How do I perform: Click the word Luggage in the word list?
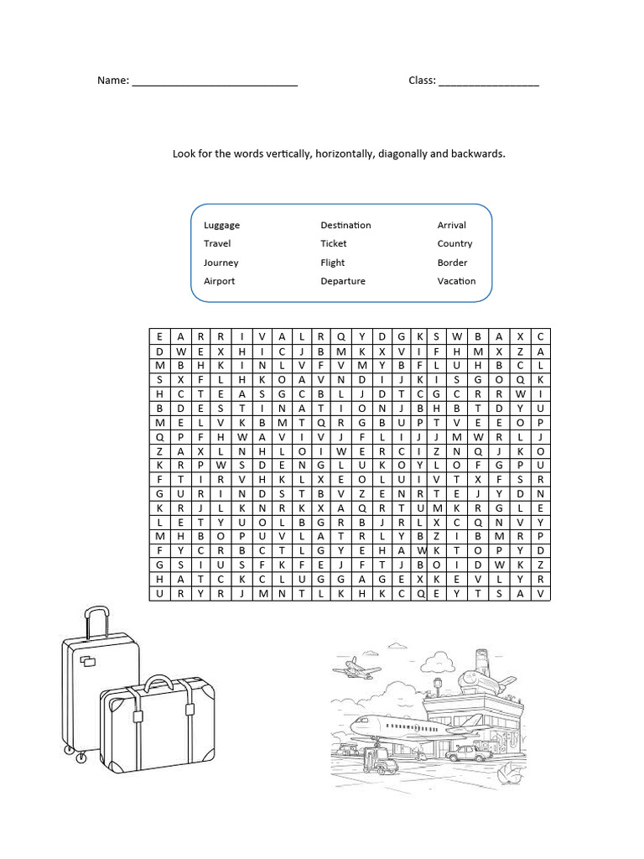click(221, 226)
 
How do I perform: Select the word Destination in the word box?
click(345, 226)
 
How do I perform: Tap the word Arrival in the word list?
click(451, 226)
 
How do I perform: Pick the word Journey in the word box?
click(221, 263)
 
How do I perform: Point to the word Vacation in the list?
click(456, 281)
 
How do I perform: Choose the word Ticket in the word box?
click(333, 244)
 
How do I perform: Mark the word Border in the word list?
click(452, 263)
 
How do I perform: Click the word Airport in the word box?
click(219, 281)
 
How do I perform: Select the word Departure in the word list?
click(343, 281)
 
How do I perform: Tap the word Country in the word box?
click(454, 244)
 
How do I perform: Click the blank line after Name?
click(215, 83)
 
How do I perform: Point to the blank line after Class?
click(488, 83)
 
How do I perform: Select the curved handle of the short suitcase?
click(158, 681)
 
